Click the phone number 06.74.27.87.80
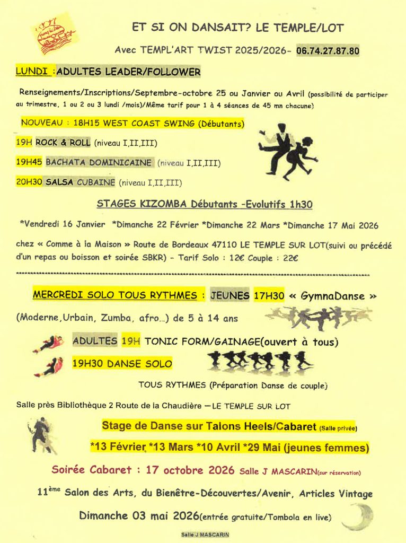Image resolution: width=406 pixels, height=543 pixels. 328,51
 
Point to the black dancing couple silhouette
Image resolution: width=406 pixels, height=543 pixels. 286,150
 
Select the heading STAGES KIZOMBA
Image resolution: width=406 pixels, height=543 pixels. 139,204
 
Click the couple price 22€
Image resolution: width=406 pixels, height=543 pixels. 290,258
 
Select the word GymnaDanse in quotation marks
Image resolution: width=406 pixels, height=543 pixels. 333,296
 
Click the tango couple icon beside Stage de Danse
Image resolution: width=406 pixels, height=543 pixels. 41,435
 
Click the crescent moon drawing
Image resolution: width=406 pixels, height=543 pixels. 358,516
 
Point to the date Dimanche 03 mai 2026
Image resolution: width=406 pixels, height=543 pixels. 139,515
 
